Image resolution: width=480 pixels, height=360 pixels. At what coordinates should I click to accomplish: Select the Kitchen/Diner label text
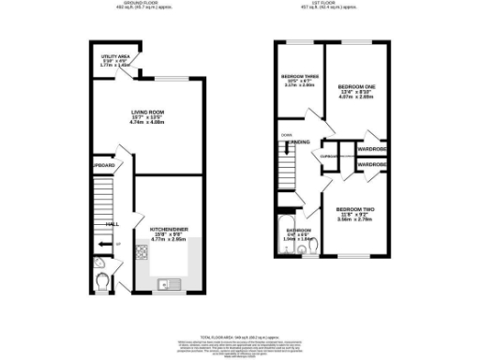pos(165,229)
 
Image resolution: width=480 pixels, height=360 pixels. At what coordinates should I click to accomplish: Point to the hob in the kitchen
pos(142,251)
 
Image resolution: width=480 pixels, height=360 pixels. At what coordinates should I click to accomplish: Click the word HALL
pos(112,225)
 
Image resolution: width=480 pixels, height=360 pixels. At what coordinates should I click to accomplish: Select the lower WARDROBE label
pos(372,164)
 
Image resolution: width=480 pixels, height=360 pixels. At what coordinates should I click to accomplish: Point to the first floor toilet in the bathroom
pos(313,244)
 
